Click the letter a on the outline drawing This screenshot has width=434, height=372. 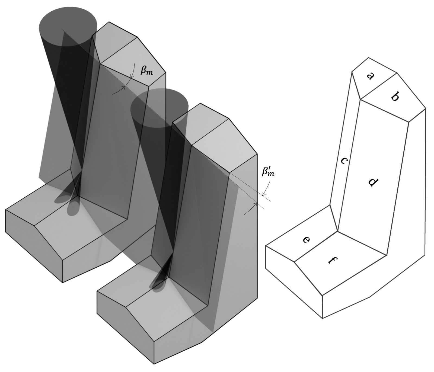pyautogui.click(x=370, y=76)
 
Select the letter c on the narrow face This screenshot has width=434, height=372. pyautogui.click(x=344, y=161)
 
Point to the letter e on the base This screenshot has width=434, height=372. pyautogui.click(x=306, y=240)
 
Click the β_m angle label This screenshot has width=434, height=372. pyautogui.click(x=146, y=71)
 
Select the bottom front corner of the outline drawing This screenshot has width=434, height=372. pyautogui.click(x=322, y=318)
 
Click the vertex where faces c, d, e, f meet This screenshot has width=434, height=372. pyautogui.click(x=338, y=231)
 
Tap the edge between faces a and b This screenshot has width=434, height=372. pyautogui.click(x=379, y=86)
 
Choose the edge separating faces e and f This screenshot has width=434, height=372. pyautogui.click(x=316, y=247)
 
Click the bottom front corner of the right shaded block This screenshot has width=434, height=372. pyautogui.click(x=154, y=364)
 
